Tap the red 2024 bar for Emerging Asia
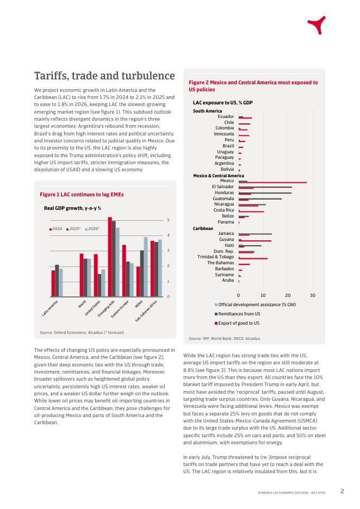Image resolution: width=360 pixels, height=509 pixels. [x=110, y=257]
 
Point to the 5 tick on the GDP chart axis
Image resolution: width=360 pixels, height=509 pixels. [x=168, y=220]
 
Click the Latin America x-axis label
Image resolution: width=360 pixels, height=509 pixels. [x=49, y=308]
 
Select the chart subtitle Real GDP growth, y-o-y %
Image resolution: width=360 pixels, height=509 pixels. [x=72, y=208]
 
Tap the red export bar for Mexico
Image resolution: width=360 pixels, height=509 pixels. [x=272, y=183]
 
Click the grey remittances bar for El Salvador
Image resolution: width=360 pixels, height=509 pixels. [x=265, y=187]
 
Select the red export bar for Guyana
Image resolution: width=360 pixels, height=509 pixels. [x=255, y=241]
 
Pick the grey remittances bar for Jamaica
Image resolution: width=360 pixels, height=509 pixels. [x=255, y=234]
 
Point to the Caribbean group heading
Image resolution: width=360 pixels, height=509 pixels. [x=203, y=228]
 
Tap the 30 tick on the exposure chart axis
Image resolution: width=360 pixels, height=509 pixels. [x=312, y=295]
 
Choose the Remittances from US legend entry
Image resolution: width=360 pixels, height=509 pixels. [x=237, y=314]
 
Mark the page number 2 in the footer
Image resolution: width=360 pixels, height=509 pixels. [x=342, y=491]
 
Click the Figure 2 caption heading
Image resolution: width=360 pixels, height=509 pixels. [x=253, y=86]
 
